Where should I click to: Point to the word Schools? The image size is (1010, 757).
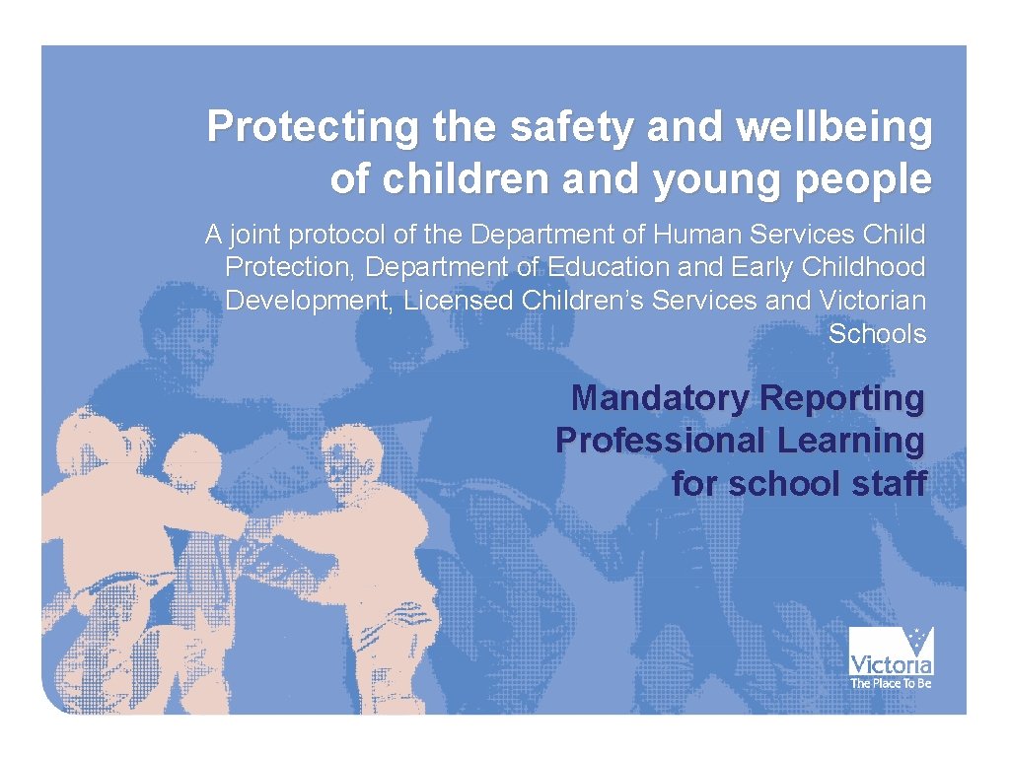(x=877, y=333)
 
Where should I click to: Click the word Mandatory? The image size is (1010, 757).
(x=660, y=398)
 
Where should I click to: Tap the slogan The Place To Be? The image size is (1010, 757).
(x=891, y=682)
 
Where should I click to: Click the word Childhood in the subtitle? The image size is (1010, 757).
(x=864, y=267)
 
